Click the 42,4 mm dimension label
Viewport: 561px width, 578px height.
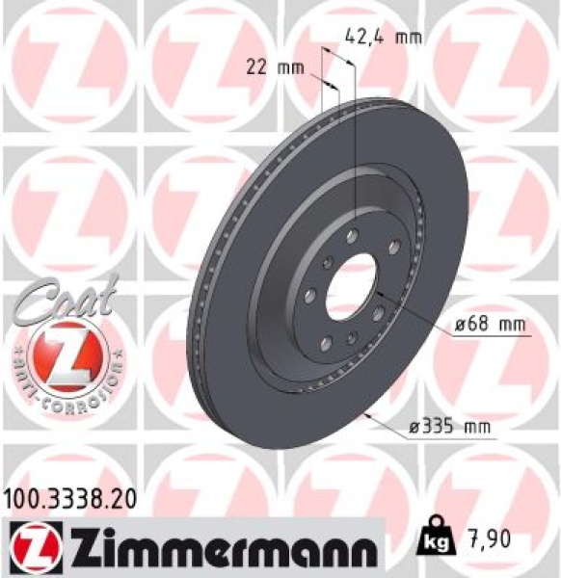pyautogui.click(x=382, y=38)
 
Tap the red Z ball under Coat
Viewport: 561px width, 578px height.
pyautogui.click(x=65, y=354)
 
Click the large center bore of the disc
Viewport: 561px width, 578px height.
pyautogui.click(x=351, y=286)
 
